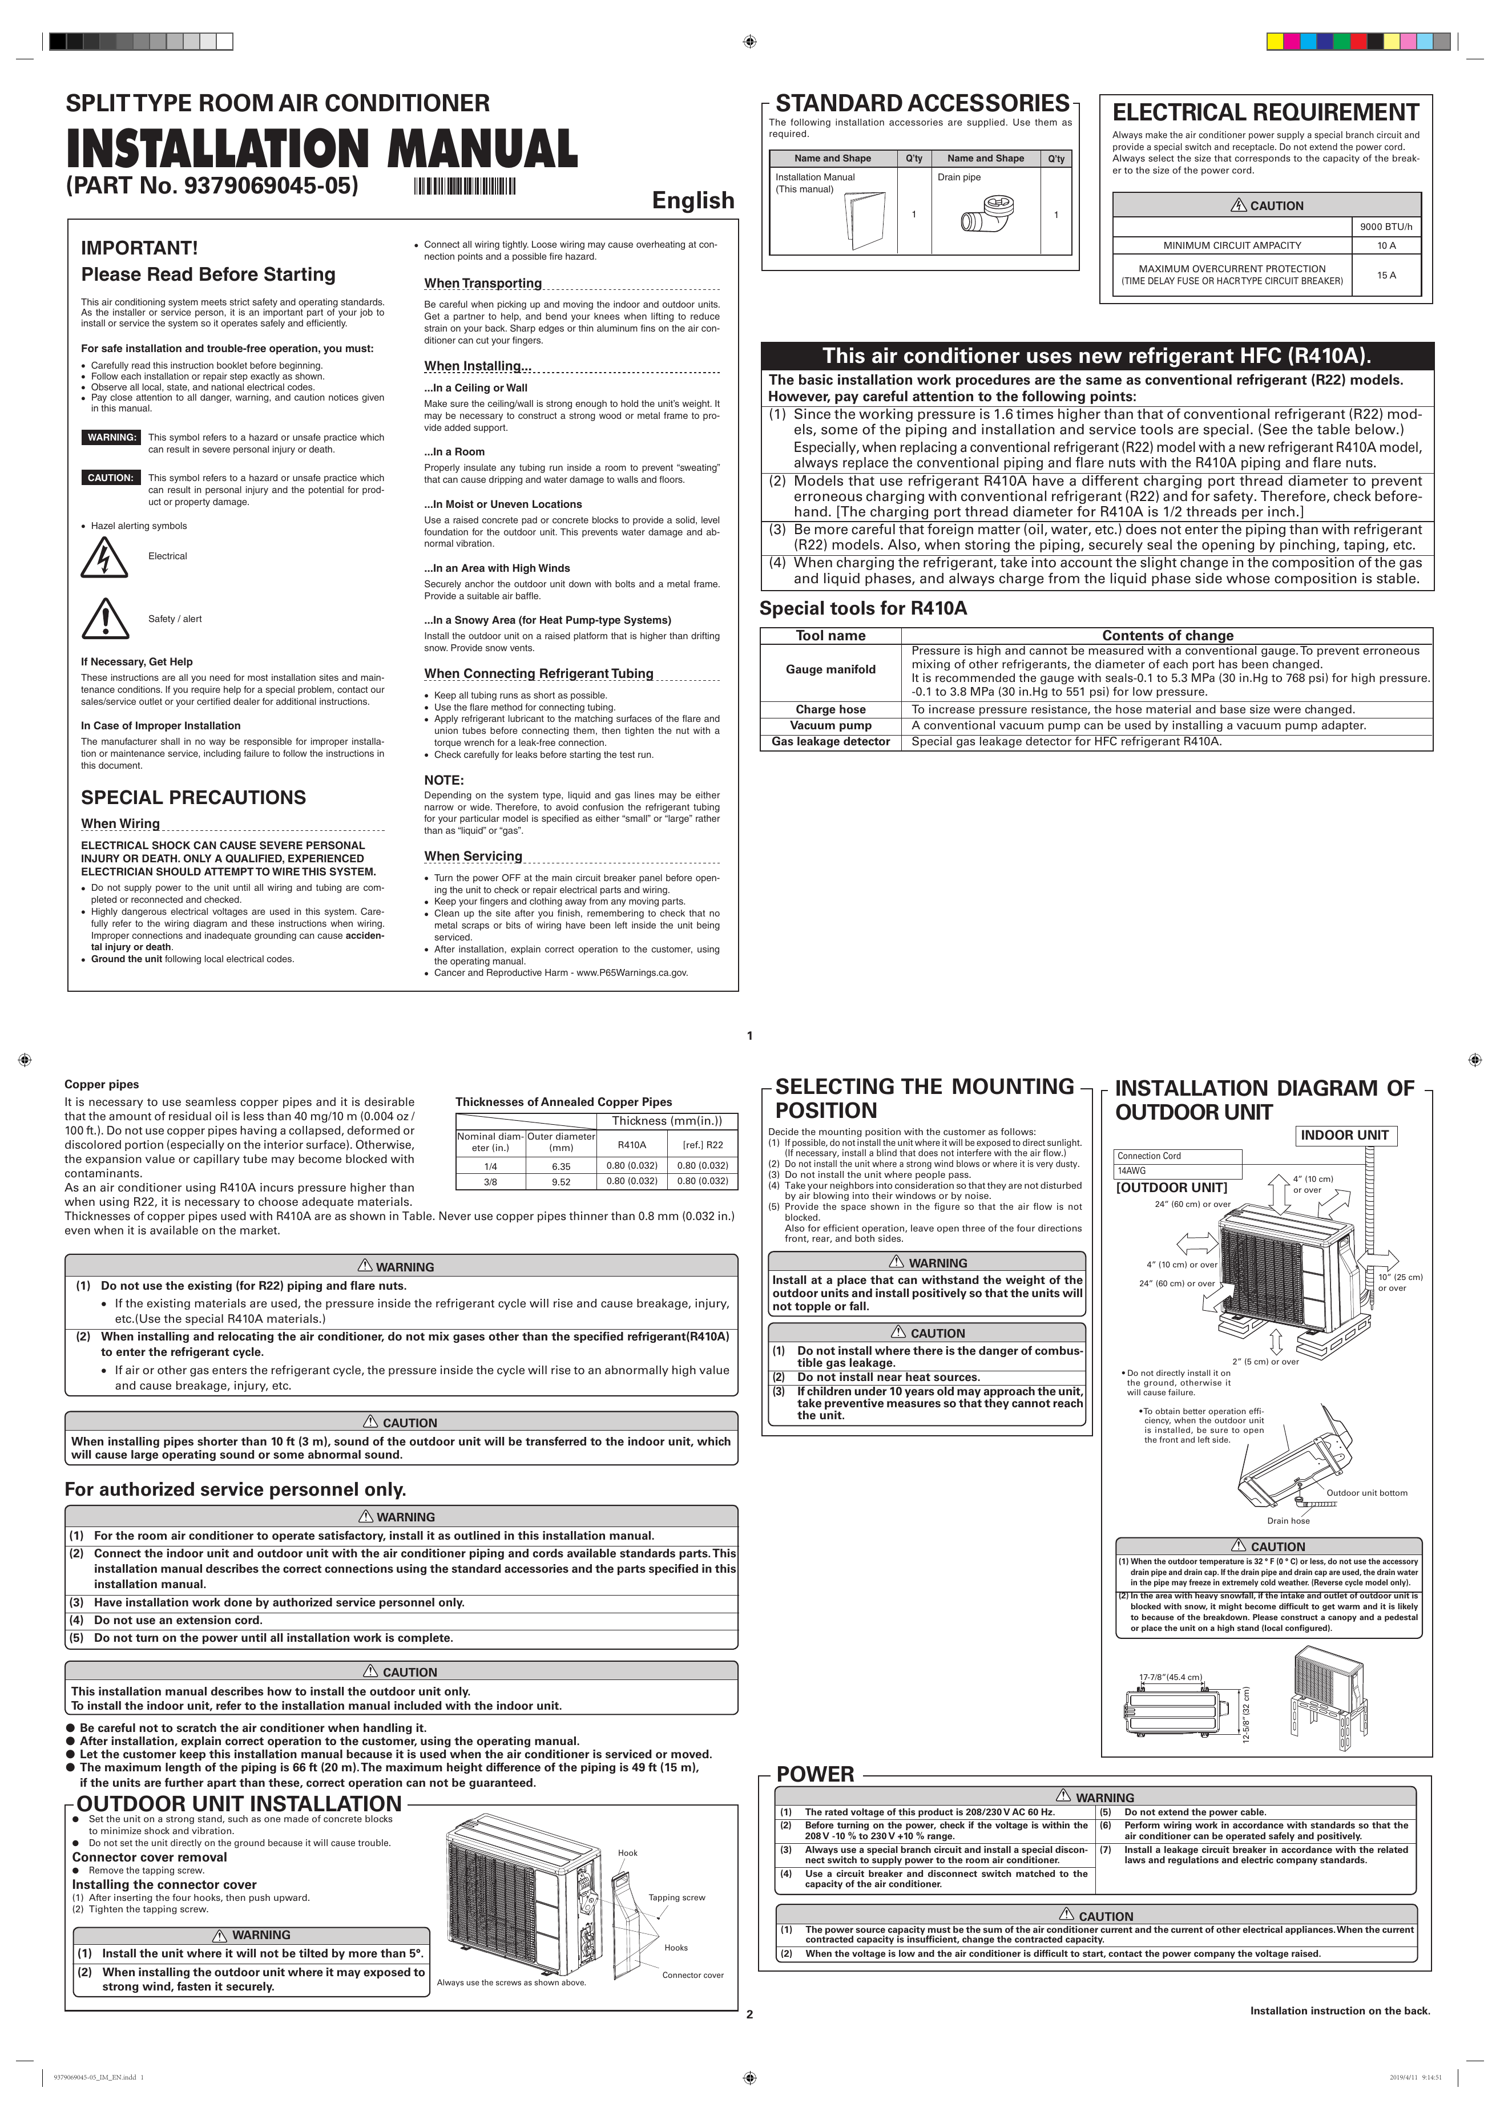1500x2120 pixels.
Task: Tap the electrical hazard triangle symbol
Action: point(104,557)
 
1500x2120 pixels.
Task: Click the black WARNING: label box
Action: point(112,438)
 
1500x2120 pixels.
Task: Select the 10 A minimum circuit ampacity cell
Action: point(1385,245)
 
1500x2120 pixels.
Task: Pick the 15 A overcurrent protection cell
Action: point(1385,275)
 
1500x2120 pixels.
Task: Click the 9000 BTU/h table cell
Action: point(1385,226)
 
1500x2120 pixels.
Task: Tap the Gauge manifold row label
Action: point(830,669)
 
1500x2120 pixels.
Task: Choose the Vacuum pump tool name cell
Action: point(830,726)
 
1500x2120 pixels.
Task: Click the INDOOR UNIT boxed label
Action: point(1344,1136)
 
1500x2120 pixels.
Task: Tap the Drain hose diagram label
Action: point(1288,1521)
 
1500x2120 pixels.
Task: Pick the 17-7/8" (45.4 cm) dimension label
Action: point(1170,1677)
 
